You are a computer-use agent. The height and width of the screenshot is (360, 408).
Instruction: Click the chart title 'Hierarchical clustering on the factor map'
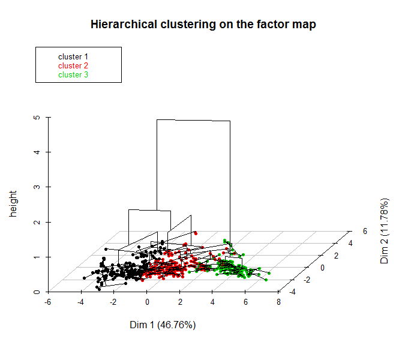203,25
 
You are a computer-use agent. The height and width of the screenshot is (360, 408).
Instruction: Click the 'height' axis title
13,204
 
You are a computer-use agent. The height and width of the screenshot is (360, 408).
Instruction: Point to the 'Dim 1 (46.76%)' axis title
163,325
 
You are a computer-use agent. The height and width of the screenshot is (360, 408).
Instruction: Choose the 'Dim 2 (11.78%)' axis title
385,231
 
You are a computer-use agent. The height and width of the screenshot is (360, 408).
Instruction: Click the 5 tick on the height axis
37,118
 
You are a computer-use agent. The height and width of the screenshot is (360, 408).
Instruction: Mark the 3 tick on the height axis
37,187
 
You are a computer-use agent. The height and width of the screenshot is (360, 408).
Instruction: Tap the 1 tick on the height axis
37,257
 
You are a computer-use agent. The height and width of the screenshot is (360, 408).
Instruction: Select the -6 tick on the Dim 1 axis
47,302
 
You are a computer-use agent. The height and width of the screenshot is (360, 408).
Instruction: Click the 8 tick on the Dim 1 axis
278,302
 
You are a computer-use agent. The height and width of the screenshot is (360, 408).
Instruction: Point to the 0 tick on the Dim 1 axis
147,302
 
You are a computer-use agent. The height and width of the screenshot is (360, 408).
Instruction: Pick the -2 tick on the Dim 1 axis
113,302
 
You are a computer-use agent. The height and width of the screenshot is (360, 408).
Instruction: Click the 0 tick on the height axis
37,292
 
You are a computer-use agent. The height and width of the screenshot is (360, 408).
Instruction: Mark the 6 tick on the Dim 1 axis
245,302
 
